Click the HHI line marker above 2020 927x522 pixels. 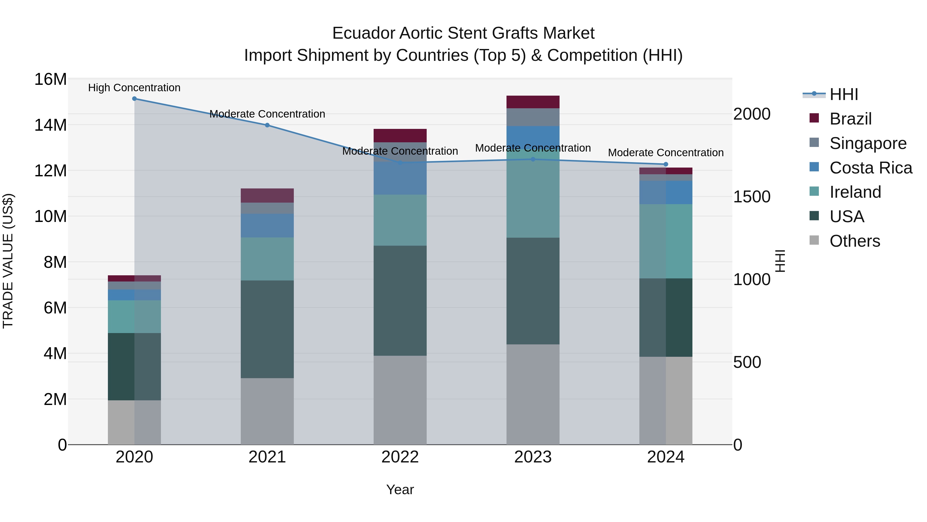point(134,99)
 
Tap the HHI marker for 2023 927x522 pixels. point(533,159)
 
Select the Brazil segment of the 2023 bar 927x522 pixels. point(533,102)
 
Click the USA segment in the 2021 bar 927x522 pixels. point(267,329)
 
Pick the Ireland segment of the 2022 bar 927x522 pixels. point(400,220)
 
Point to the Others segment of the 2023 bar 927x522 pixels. point(533,394)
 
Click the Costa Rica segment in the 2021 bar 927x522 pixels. point(267,226)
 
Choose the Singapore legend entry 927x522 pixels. point(867,143)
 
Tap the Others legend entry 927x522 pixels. point(854,241)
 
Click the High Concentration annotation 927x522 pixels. point(134,88)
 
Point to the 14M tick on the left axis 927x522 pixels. point(50,125)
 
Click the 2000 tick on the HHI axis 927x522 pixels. point(752,114)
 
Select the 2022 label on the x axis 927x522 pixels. point(400,457)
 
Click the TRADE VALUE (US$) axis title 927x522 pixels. point(8,261)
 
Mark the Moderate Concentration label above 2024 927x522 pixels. point(666,153)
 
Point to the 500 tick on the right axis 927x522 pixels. point(747,362)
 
